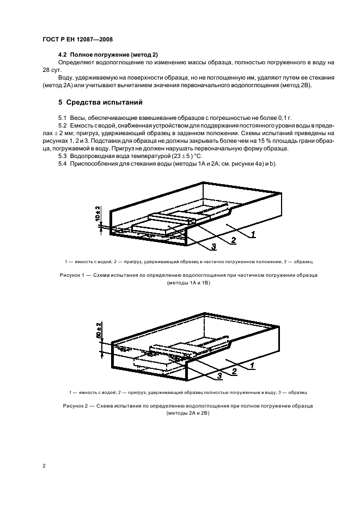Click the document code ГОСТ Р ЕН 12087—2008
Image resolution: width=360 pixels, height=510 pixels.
coord(77,40)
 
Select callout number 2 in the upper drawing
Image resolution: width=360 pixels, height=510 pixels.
coord(233,240)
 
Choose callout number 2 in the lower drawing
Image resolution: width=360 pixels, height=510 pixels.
coord(234,371)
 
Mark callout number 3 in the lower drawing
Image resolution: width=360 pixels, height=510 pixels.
coord(219,376)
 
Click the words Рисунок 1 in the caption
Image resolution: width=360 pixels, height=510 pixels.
coord(71,275)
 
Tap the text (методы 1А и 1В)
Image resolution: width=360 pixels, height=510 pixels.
coord(188,283)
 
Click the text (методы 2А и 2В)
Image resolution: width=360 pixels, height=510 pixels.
coord(188,414)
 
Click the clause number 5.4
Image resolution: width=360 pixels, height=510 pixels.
coord(62,164)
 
